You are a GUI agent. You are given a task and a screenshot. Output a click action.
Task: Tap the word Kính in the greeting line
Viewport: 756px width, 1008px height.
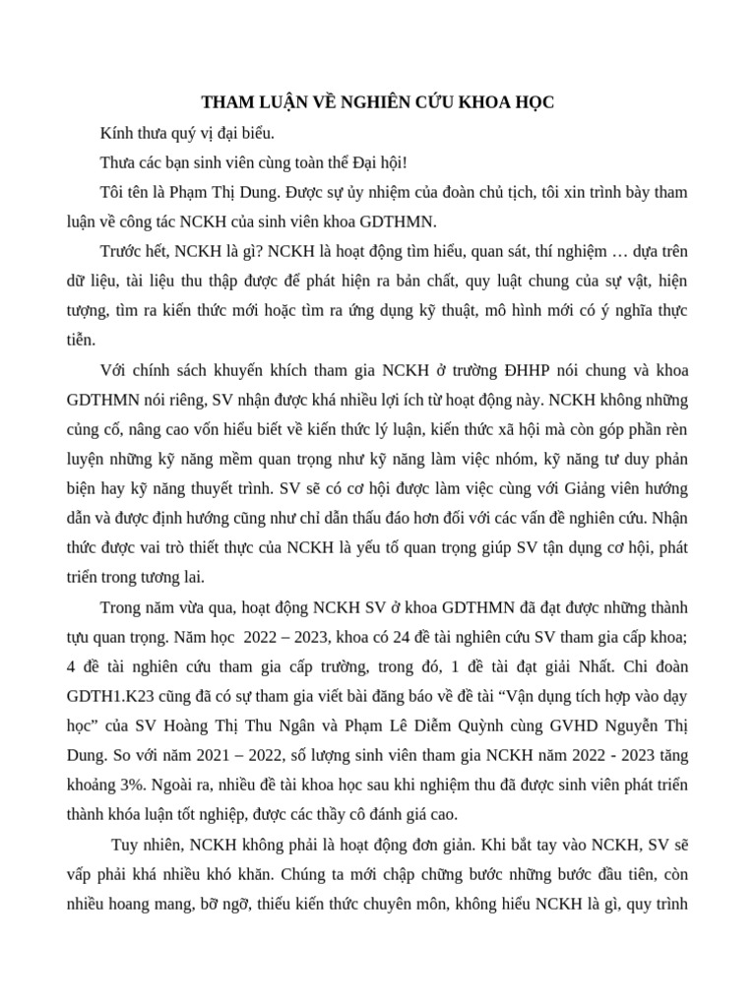[117, 132]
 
